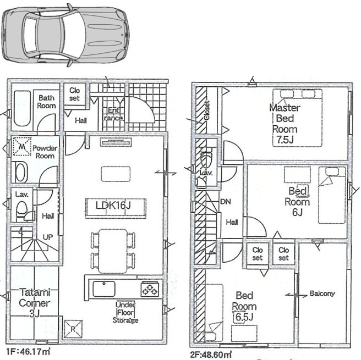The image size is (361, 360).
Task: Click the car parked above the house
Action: click(65, 35)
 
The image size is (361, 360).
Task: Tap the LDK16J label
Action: click(113, 206)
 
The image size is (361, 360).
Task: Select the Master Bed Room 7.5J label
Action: click(285, 124)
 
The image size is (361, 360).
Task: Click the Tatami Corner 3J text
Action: click(35, 303)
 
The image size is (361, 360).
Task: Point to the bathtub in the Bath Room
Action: click(22, 108)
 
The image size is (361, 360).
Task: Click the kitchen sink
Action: click(104, 289)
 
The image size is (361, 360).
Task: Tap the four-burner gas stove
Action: click(150, 289)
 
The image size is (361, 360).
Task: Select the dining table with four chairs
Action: click(113, 251)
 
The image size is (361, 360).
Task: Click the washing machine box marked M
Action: click(22, 146)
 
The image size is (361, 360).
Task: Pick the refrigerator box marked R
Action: click(73, 329)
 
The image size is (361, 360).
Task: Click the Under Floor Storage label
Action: click(125, 312)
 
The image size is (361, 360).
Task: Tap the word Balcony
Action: click(322, 293)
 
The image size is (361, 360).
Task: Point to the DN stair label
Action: click(226, 202)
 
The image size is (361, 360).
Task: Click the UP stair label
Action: click(48, 237)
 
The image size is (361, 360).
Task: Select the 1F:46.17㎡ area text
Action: click(28, 352)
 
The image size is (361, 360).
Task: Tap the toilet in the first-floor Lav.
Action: click(22, 209)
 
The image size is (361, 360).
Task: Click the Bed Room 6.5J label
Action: click(244, 306)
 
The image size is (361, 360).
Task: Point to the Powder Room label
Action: click(45, 152)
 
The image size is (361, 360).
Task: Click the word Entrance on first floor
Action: click(113, 114)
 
